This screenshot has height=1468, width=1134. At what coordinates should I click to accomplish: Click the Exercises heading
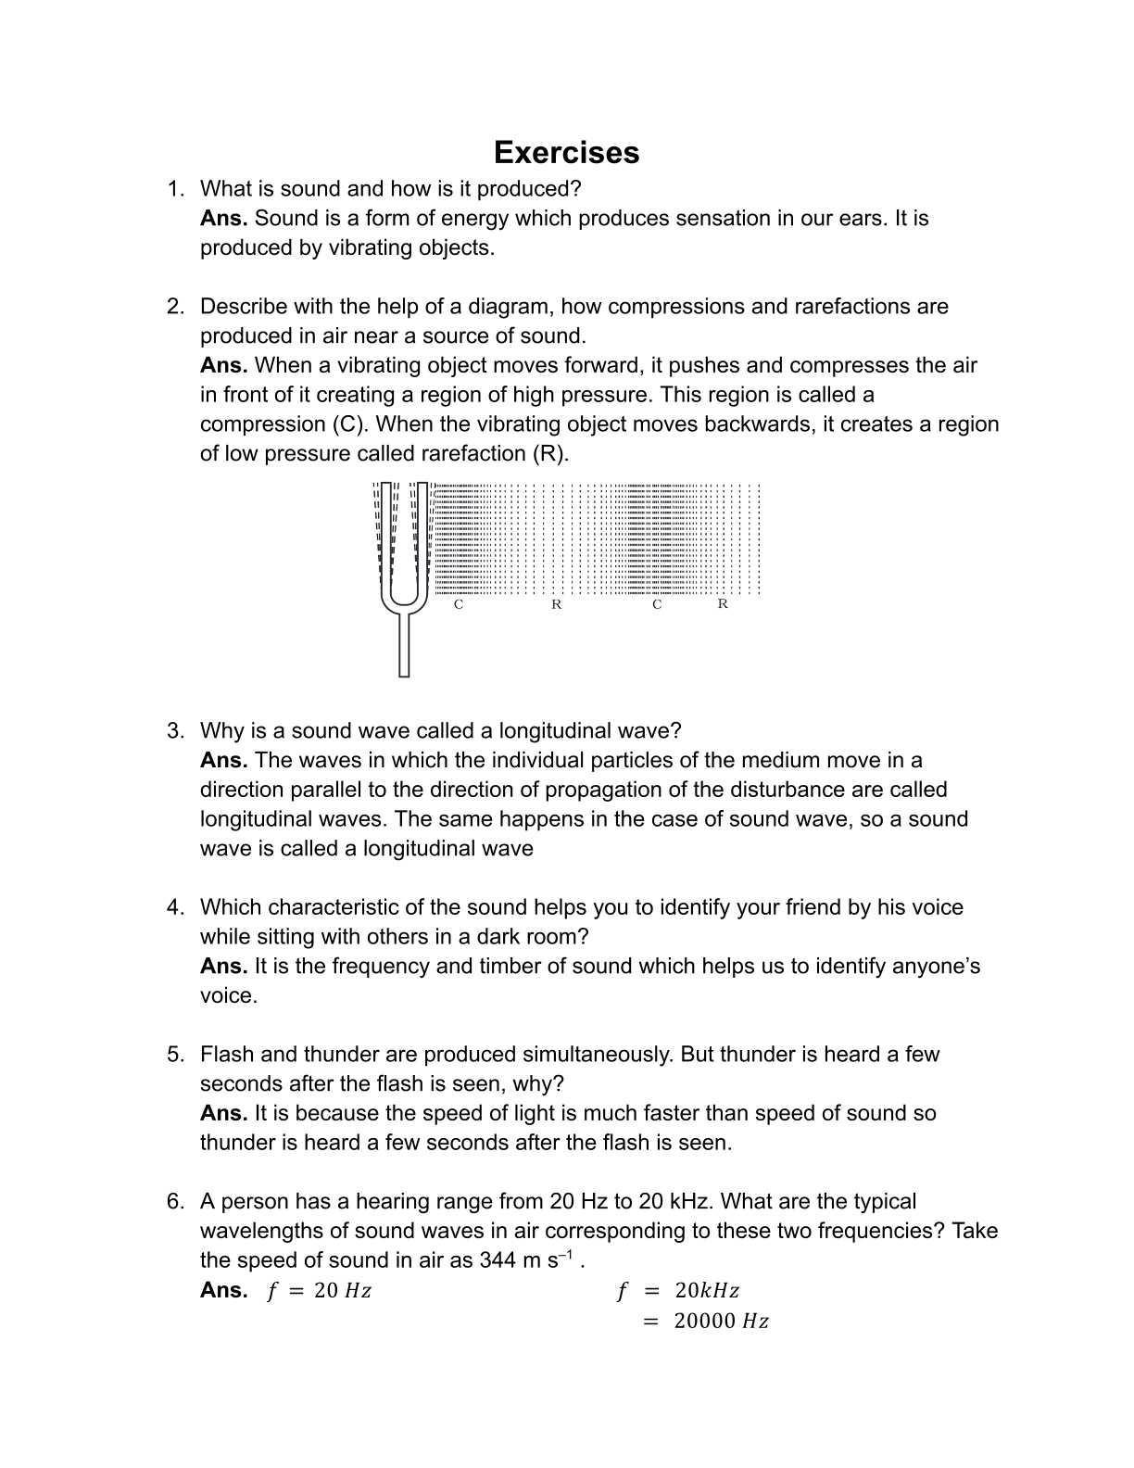point(566,152)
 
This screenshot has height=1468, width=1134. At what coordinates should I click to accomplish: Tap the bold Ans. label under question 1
point(223,219)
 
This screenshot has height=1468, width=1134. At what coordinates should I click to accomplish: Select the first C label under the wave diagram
point(459,604)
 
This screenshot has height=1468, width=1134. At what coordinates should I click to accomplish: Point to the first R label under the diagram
point(556,604)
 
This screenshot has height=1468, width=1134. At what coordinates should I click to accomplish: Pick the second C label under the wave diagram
point(657,604)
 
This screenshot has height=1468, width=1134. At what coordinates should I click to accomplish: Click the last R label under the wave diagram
point(723,604)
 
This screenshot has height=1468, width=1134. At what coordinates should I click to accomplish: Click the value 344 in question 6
point(497,1260)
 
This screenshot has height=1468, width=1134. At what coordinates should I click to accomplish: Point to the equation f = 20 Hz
point(319,1291)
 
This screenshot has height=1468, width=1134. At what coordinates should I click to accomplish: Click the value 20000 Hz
point(721,1322)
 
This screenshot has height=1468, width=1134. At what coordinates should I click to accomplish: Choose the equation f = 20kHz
point(678,1291)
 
